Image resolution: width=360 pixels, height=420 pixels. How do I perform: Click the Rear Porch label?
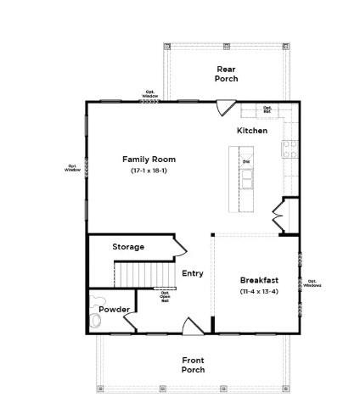(226, 74)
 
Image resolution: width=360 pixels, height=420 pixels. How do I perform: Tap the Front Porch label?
(193, 365)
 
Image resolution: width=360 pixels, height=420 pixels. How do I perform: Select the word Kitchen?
(251, 131)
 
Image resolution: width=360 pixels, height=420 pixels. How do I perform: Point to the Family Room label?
(149, 159)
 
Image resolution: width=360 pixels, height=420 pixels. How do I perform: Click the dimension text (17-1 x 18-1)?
(149, 171)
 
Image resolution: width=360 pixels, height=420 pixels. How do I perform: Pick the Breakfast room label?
(256, 280)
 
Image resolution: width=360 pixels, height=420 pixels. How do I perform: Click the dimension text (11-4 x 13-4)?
(256, 292)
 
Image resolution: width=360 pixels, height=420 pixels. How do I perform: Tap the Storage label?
(128, 247)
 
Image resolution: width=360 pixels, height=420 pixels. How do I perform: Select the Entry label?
(193, 273)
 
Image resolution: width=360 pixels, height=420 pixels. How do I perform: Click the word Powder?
(113, 310)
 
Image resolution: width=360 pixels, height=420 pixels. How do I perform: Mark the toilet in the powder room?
(96, 319)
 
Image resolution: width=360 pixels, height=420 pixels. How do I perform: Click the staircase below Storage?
(134, 274)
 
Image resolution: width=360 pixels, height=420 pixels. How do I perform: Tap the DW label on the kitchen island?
(246, 161)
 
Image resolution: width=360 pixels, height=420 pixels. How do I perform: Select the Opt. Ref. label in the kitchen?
(267, 109)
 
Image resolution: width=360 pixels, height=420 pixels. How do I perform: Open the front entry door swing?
(193, 326)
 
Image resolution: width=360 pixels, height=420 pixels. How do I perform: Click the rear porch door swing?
(224, 108)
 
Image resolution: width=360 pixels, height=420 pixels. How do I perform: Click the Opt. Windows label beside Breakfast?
(312, 283)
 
